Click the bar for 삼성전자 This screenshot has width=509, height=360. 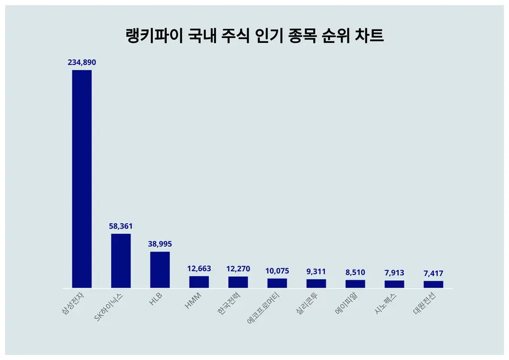coord(81,179)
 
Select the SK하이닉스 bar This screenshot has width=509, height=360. coord(120,261)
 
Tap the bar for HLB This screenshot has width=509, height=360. coord(159,270)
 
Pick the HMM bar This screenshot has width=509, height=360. coord(199,282)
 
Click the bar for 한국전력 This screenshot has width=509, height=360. coord(238,282)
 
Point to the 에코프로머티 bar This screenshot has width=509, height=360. coord(277,283)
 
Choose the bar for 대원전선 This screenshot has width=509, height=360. coord(433,284)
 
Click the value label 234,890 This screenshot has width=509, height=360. coord(81,62)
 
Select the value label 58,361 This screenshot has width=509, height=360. coord(120,226)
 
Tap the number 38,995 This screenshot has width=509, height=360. coord(159,244)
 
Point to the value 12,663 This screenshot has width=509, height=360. coord(199,268)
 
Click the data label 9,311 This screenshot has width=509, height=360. coord(316,271)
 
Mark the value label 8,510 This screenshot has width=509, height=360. coord(355,272)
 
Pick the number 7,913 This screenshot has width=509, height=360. coord(394,272)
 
